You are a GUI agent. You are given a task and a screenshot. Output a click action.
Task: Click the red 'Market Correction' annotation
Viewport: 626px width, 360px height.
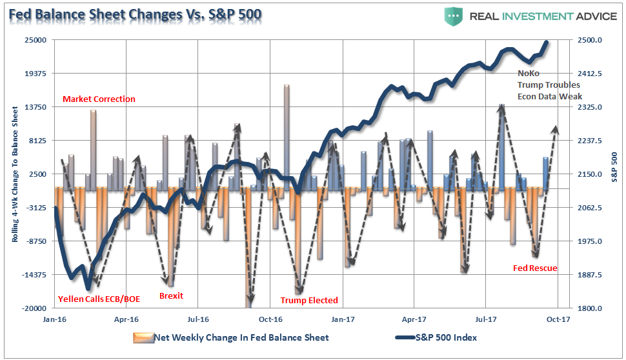[99, 99]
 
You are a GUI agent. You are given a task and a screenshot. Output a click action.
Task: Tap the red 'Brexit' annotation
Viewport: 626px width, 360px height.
[171, 296]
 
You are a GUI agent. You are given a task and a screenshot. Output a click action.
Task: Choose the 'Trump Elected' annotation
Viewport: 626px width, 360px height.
[308, 300]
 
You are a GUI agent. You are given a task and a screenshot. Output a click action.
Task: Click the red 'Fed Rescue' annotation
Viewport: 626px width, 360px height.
[535, 268]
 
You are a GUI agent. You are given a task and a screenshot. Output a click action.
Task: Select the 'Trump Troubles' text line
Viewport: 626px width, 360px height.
[549, 85]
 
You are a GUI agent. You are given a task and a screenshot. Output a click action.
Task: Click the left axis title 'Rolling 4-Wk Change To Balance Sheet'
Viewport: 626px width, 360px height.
[14, 174]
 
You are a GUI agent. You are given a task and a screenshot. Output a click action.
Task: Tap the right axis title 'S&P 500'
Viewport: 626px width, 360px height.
[614, 166]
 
